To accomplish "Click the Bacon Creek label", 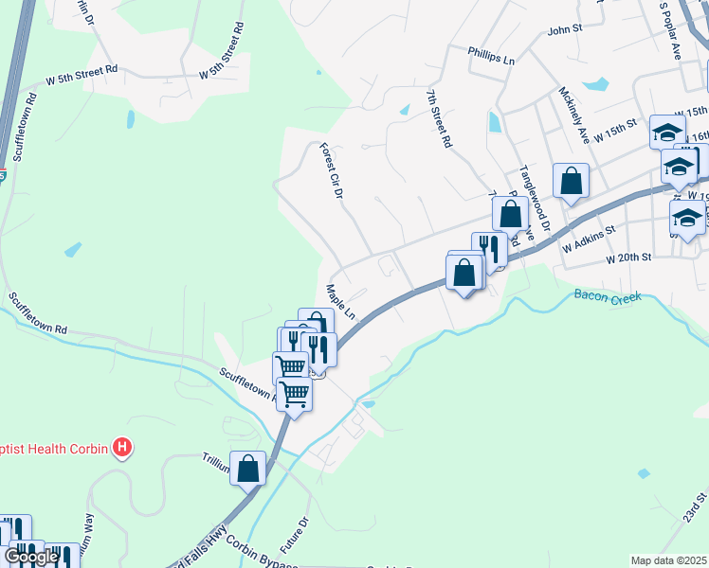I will pos(608,296).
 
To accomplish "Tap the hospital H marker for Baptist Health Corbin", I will pos(121,446).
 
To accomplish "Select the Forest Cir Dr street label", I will pos(330,170).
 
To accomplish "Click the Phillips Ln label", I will pos(491,57).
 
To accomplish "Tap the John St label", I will pos(564,30).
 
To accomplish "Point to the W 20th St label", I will pos(627,257).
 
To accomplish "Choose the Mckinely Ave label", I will pos(574,115).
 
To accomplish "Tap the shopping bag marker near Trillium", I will pos(247,468).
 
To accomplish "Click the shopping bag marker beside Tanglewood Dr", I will pos(571,180).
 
